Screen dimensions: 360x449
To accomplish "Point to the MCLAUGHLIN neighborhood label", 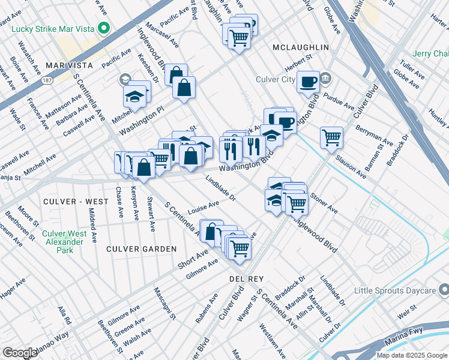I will coord(301,47).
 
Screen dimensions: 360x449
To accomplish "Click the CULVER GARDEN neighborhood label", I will coord(141,248).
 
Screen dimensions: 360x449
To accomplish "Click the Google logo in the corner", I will coord(20,352).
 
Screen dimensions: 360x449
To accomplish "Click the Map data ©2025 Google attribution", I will coord(412,355).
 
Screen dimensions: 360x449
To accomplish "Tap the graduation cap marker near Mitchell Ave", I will coord(134,96).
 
